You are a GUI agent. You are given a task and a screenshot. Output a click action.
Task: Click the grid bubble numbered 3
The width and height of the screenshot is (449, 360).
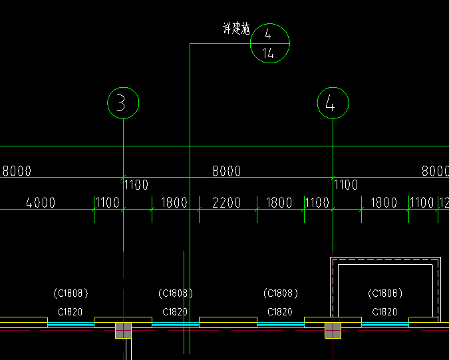click(123, 103)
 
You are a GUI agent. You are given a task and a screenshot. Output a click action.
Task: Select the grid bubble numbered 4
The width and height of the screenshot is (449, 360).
click(333, 103)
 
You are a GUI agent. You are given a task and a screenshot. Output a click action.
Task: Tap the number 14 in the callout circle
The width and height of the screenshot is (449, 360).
click(268, 54)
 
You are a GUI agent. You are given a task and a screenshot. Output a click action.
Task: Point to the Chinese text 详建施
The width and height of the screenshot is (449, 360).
click(235, 29)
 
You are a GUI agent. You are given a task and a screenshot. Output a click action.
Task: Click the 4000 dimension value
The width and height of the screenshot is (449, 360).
click(41, 203)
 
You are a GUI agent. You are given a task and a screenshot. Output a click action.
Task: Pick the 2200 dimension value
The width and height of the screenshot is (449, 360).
click(226, 203)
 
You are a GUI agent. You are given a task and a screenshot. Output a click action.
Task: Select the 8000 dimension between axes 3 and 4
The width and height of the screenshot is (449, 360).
click(226, 171)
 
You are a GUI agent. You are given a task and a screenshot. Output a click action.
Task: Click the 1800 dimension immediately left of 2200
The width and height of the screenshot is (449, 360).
click(174, 203)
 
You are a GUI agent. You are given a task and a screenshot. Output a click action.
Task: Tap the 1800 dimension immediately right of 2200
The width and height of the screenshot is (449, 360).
click(279, 203)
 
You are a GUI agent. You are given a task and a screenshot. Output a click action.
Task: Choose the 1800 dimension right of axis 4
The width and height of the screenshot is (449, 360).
click(384, 203)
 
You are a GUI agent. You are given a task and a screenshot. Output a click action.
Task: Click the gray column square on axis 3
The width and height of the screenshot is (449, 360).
click(123, 330)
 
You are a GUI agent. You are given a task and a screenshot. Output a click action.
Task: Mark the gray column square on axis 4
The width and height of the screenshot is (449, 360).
click(333, 330)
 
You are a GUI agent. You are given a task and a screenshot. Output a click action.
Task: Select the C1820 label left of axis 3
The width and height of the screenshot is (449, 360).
click(70, 311)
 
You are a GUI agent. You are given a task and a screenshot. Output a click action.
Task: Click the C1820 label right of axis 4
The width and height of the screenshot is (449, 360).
click(384, 311)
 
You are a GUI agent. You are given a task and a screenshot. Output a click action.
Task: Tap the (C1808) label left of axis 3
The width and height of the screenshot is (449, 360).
click(70, 293)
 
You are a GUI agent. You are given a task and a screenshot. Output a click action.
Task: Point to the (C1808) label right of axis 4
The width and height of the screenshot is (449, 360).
click(384, 293)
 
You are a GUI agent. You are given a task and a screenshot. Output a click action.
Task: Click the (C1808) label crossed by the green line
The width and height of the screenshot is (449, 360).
click(176, 293)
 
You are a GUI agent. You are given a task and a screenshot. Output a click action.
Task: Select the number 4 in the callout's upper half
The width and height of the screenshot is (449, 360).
click(268, 34)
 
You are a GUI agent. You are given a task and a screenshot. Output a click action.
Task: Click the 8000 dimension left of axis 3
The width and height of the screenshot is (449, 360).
click(17, 171)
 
